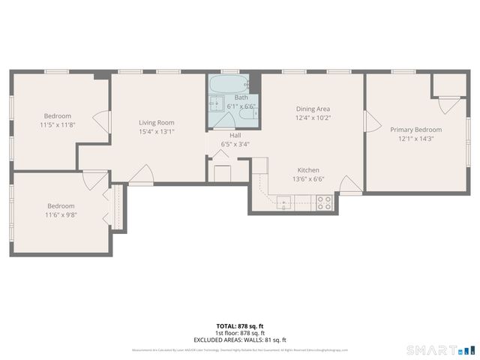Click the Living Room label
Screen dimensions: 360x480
coord(156,122)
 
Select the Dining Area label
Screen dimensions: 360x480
coord(313,109)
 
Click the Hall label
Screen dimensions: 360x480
coord(235,135)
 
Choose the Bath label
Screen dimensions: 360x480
coord(241,97)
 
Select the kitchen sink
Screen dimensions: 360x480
coord(284,200)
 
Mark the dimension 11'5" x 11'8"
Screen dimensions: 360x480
coord(57,124)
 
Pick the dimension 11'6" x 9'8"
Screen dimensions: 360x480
coord(61,215)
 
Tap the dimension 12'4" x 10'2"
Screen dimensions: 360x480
coord(313,118)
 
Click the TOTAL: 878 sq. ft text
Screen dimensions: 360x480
coord(239,325)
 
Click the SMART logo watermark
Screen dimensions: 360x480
coord(440,349)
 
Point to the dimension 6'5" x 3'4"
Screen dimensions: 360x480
coord(235,144)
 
